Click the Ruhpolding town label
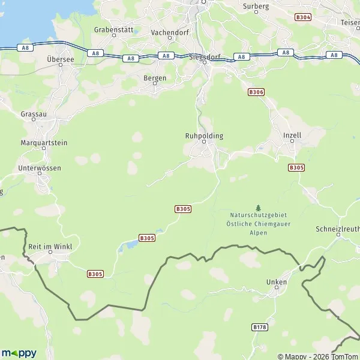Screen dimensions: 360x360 coord(204,136)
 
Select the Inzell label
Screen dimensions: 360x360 coord(292,136)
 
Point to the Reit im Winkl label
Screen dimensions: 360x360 coord(49,247)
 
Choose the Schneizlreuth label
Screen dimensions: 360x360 coord(337,229)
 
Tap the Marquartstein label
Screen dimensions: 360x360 coord(44,143)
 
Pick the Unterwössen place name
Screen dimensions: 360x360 coord(40,169)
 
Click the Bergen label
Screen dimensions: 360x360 coord(154,78)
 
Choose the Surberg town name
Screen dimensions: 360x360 coord(256,6)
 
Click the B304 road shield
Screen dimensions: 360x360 coord(303,19)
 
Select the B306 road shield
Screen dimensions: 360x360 coord(256,92)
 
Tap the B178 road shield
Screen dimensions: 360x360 coord(260,327)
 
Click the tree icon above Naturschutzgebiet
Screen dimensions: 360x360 coord(259,207)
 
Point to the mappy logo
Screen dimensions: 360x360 coord(19,353)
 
